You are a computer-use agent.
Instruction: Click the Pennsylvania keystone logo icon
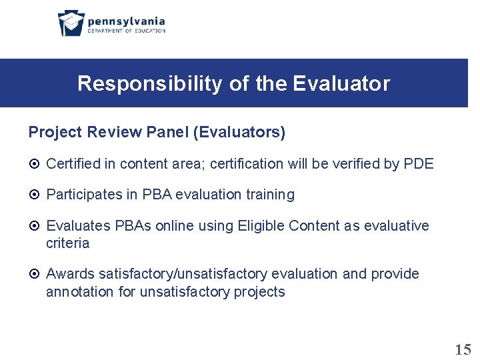pyautogui.click(x=71, y=23)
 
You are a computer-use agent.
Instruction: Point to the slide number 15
pyautogui.click(x=463, y=349)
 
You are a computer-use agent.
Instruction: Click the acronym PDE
pyautogui.click(x=419, y=163)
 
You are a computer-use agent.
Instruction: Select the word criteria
pyautogui.click(x=67, y=243)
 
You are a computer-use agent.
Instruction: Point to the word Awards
pyautogui.click(x=70, y=274)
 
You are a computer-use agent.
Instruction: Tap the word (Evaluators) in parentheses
pyautogui.click(x=239, y=133)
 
